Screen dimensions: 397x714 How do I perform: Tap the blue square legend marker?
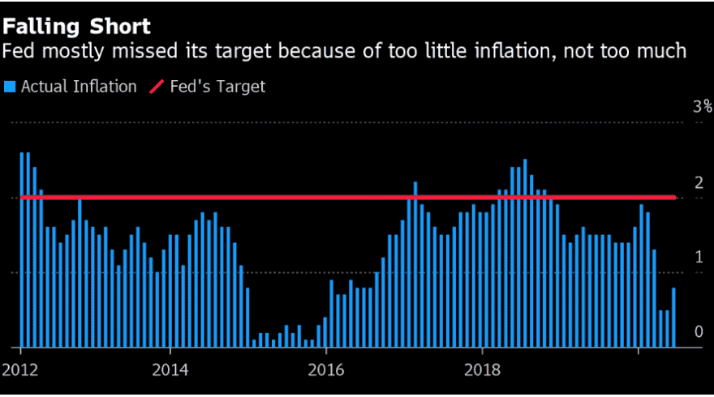click(x=10, y=86)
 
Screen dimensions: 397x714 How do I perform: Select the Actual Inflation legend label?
click(x=79, y=86)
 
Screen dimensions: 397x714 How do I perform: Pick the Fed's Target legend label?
click(x=217, y=86)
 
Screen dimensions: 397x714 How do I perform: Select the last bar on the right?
click(x=673, y=318)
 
